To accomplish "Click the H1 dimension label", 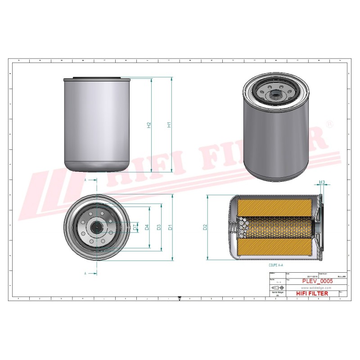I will coord(169,125).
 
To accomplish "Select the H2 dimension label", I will coord(149,125).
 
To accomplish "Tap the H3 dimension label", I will coord(322,183).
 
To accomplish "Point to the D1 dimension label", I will coord(170,227).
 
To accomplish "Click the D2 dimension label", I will coord(205,227).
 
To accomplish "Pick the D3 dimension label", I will coord(159,227).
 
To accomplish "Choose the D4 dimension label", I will coord(147,227).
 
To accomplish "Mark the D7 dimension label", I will coord(135,227).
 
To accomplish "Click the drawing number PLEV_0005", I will coord(317,281).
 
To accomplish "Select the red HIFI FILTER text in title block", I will coord(312,293).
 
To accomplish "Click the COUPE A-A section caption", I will coord(276,266).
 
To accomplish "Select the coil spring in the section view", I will coord(239,227).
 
